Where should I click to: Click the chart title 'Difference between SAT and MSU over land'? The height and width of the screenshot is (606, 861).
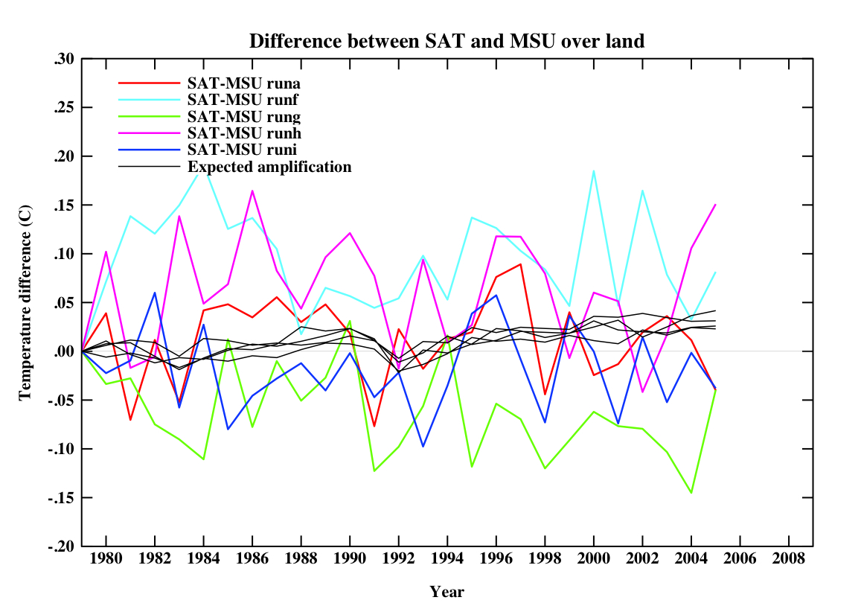pos(446,41)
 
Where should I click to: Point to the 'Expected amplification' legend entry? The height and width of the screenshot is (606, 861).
pos(269,167)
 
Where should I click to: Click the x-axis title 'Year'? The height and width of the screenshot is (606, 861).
pos(446,593)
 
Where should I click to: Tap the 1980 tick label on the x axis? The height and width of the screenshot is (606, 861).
pos(106,558)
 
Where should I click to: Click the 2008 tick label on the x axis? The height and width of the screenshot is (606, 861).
pos(788,558)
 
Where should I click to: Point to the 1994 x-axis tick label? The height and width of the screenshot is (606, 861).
pos(446,558)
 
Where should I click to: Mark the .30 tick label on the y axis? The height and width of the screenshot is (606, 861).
pos(65,60)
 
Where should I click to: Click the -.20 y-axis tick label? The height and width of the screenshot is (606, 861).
pos(63,546)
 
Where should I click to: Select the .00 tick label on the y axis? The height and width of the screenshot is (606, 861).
pos(65,351)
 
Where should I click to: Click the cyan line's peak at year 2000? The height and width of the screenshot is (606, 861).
pos(594,171)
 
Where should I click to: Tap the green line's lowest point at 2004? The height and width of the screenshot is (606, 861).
pos(691,493)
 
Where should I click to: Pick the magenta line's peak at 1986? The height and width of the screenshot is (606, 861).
pos(252,191)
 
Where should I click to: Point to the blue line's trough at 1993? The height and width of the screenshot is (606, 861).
pos(423,447)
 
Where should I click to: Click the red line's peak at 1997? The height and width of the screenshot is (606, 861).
pos(521,264)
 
